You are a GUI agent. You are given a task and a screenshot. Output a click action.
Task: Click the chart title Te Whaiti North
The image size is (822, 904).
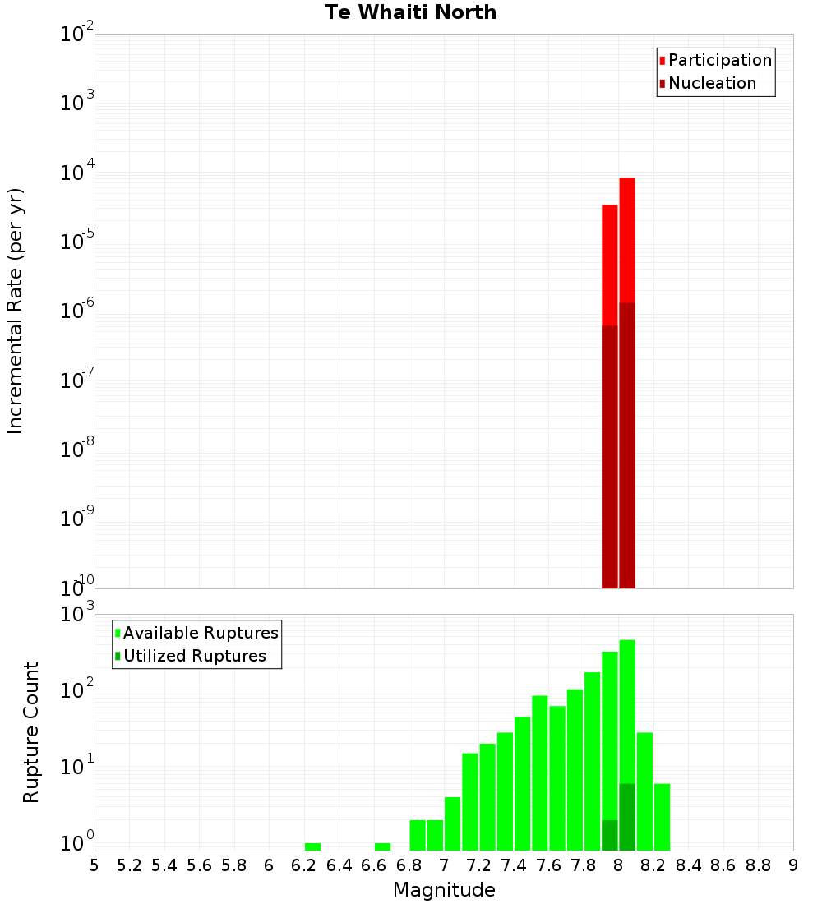[410, 12]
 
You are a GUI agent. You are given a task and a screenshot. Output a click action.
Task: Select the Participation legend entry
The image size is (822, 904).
[719, 60]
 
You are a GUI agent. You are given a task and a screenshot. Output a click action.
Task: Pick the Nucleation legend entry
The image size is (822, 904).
[712, 83]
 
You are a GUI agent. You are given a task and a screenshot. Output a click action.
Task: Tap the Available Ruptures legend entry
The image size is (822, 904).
[200, 633]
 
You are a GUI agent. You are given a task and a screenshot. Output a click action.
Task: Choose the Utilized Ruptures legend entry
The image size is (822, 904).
[194, 656]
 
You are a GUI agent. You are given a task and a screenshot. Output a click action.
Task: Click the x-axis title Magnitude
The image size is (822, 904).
[444, 890]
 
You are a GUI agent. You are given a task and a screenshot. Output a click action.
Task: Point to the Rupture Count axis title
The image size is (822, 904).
[31, 732]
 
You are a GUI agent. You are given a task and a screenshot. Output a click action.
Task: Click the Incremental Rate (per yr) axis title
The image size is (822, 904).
[16, 311]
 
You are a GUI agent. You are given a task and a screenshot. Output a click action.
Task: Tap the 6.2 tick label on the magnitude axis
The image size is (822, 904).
[303, 865]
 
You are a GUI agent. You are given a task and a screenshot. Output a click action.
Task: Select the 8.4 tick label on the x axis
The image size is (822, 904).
[688, 865]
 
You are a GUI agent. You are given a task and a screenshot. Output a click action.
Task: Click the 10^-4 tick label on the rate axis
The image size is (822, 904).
[77, 173]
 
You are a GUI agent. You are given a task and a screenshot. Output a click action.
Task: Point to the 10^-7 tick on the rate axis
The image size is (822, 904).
[77, 381]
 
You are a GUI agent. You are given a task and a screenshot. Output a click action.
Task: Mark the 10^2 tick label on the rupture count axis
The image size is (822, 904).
[77, 690]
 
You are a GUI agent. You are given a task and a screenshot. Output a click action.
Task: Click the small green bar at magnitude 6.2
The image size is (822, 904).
[312, 846]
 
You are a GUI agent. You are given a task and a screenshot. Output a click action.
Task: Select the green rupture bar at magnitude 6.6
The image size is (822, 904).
[382, 846]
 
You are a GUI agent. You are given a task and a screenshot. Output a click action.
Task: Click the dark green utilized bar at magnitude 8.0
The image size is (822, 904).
[627, 817]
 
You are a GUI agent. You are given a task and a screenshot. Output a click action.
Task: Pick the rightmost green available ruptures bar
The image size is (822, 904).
[662, 817]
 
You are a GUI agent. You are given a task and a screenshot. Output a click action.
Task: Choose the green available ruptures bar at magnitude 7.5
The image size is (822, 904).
[540, 773]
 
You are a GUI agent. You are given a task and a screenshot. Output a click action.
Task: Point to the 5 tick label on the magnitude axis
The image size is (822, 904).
[95, 865]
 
